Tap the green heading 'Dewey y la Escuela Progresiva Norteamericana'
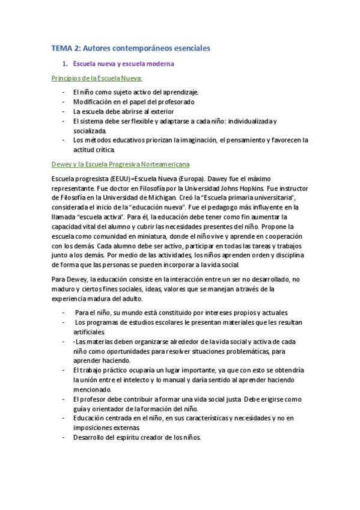[x=121, y=164]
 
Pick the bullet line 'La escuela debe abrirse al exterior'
[x=123, y=111]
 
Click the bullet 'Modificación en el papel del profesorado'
[x=133, y=102]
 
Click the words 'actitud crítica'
[x=93, y=149]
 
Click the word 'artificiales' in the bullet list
[x=89, y=332]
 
